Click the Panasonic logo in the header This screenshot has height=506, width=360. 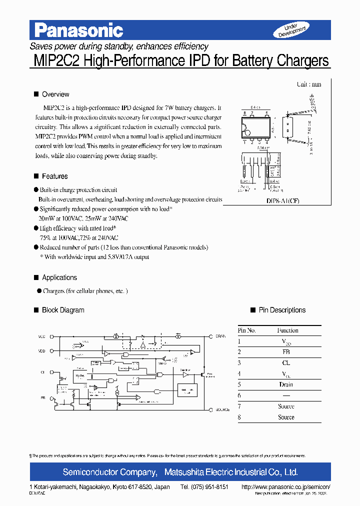point(78,31)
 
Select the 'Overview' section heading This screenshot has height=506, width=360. point(55,94)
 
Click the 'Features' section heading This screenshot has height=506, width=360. point(54,176)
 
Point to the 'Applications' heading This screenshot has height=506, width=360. point(59,278)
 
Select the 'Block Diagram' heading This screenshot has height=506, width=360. point(63,310)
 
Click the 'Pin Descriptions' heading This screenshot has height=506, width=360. point(282,310)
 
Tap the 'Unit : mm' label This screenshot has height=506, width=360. point(309,84)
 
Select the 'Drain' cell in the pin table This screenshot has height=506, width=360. point(286,384)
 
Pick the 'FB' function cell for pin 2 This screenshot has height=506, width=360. point(286,352)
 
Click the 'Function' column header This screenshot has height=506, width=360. point(287,330)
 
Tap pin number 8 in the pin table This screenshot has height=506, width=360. point(239,417)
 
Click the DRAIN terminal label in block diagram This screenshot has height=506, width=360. point(220,336)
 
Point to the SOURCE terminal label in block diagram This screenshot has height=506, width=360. point(222,409)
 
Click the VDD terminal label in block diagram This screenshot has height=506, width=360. point(41,351)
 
